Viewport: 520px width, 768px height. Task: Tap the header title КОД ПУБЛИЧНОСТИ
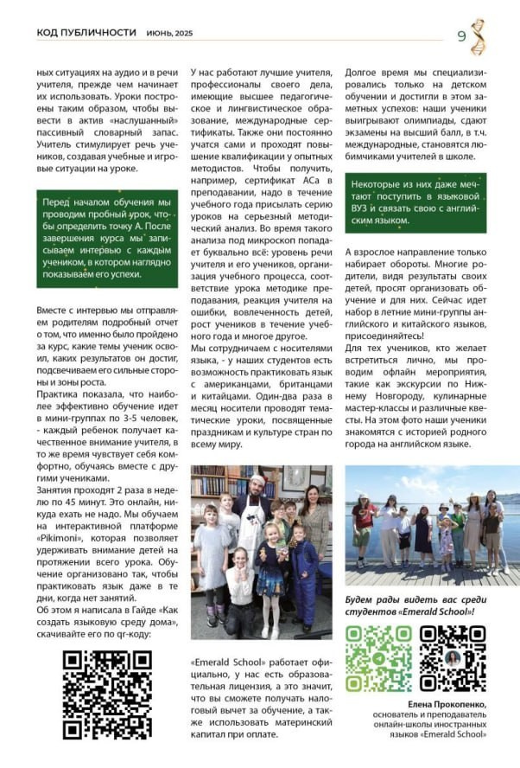tap(86, 32)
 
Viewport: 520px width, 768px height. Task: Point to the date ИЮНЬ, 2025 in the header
tap(168, 33)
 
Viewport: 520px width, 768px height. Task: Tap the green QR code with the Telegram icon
tap(378, 658)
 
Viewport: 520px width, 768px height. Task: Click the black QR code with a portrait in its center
tap(452, 658)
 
